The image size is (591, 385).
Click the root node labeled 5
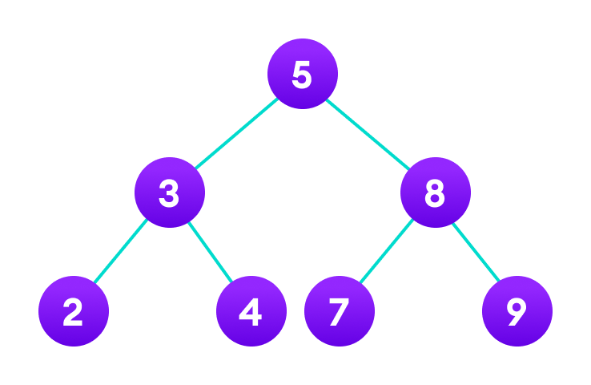tap(303, 74)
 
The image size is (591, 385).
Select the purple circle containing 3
tap(170, 192)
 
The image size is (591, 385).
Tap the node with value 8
tap(436, 192)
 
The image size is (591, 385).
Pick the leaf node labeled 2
tap(74, 311)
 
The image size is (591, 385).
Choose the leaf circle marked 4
tap(251, 311)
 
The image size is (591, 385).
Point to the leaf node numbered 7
tap(340, 311)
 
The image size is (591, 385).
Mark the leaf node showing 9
tap(517, 311)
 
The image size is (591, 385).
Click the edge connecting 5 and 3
tap(236, 133)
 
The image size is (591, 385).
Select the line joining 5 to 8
tap(369, 133)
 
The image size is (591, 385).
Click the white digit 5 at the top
tap(302, 75)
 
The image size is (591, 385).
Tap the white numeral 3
tap(169, 194)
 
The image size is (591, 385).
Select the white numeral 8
tap(435, 194)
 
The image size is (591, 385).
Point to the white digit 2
tap(73, 313)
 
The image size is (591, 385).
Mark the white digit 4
tap(251, 313)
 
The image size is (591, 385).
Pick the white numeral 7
tap(339, 313)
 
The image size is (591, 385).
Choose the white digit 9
tap(517, 313)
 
